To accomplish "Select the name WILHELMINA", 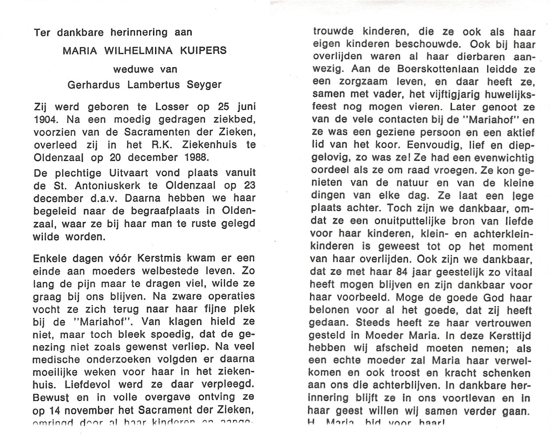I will coord(139,51).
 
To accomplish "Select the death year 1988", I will coord(197,157).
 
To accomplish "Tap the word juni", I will coord(246,107).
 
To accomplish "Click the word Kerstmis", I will coord(160,259).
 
